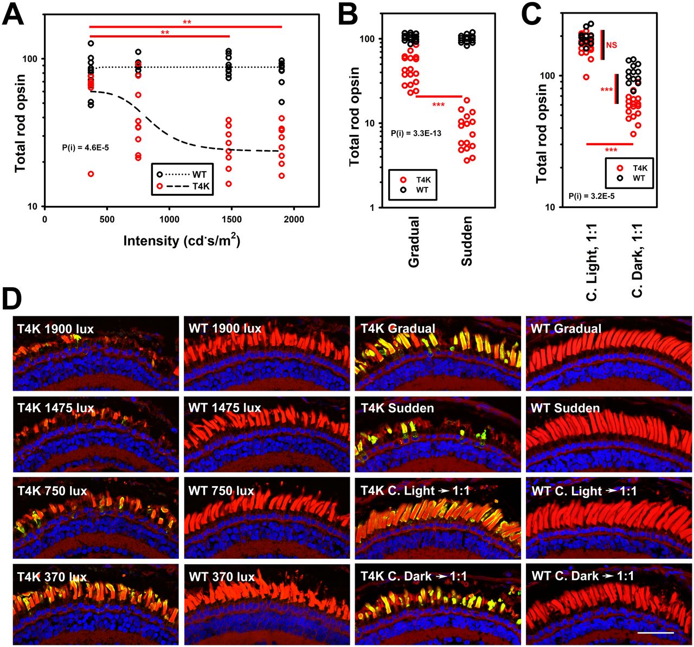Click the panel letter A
13,14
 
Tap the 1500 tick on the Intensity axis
232,219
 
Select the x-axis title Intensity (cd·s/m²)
181,240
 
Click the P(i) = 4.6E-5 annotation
86,147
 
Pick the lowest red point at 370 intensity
91,174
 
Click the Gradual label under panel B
414,242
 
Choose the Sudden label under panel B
467,241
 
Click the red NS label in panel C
611,46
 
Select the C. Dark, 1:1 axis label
637,262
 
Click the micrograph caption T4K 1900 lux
55,329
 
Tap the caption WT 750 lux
221,491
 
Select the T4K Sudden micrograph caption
397,408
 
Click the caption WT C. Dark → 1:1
582,576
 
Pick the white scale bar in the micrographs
656,632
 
